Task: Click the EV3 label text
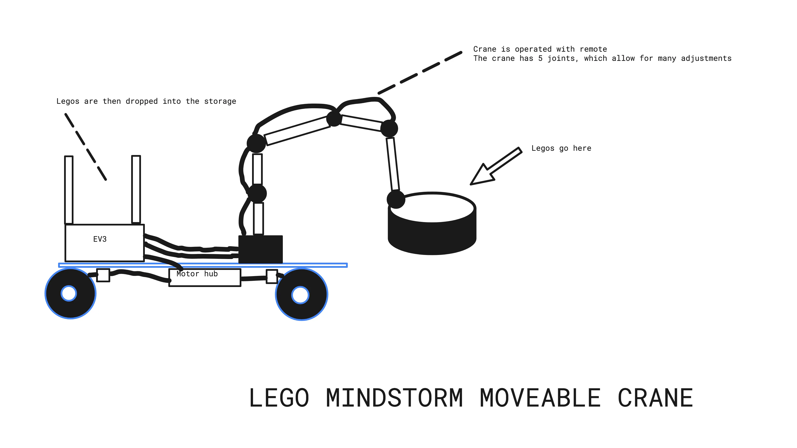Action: (x=100, y=239)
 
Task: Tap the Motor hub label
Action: (x=197, y=274)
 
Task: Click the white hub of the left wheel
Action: (x=69, y=293)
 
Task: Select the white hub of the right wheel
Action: (x=300, y=295)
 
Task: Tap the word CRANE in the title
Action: (x=655, y=398)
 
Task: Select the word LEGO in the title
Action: (x=279, y=398)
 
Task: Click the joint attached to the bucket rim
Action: (x=396, y=199)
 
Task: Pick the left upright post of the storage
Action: (x=69, y=190)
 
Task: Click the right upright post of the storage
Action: (x=136, y=189)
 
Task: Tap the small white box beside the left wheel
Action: (x=103, y=275)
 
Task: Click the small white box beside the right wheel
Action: (x=272, y=276)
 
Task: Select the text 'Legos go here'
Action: (x=561, y=148)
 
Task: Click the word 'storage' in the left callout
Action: (x=220, y=101)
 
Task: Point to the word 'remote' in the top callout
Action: (x=593, y=49)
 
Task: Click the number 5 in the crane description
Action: (x=540, y=59)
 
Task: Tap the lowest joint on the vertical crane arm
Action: (x=257, y=194)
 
